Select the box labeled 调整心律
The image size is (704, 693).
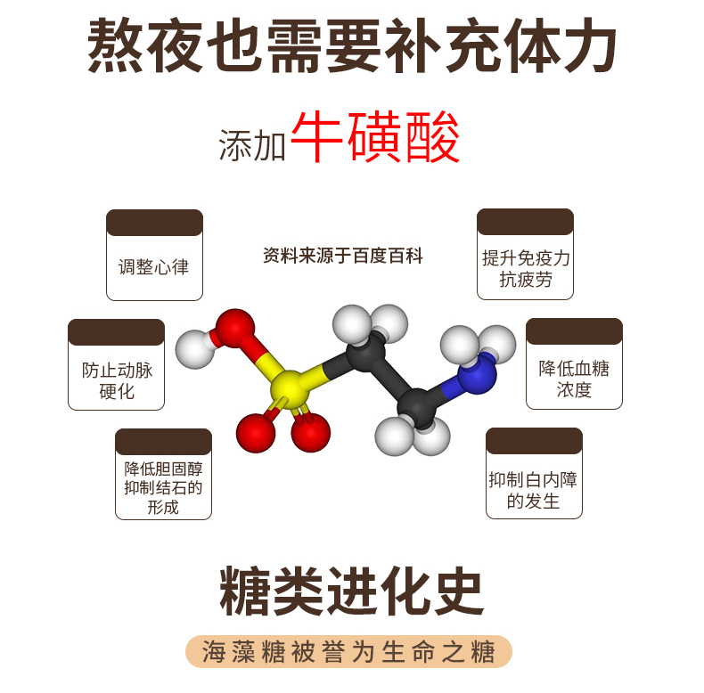(x=154, y=265)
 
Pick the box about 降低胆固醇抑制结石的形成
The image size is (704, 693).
(x=163, y=485)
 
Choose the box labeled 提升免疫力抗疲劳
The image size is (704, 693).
(x=525, y=267)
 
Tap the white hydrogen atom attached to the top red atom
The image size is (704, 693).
(x=194, y=346)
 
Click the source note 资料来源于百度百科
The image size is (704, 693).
(x=343, y=257)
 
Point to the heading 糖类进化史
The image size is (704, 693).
(x=352, y=591)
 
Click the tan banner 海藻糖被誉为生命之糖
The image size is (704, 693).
(x=352, y=652)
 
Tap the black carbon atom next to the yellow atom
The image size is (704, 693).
(x=365, y=355)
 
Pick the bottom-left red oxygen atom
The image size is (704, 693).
(x=255, y=432)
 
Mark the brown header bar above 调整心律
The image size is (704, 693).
(x=154, y=223)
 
